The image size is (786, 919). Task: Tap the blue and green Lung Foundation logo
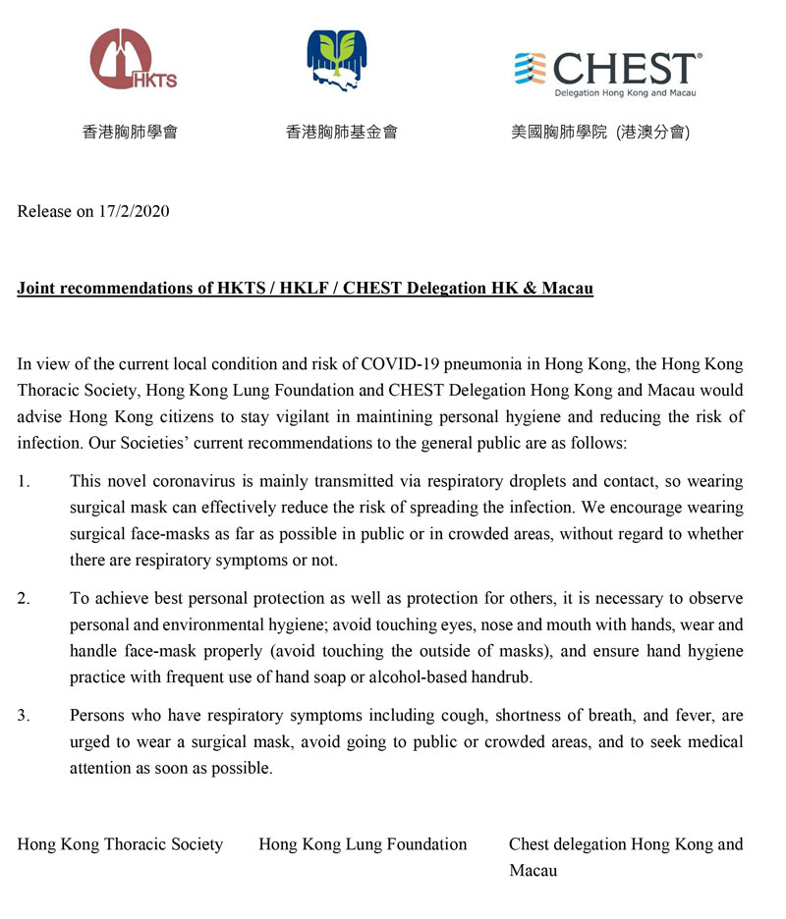[340, 60]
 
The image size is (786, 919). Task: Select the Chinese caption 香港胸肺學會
[130, 131]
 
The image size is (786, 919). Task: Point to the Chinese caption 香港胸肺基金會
[341, 131]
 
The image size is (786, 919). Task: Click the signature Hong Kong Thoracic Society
[120, 844]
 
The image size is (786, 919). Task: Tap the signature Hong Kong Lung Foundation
[363, 844]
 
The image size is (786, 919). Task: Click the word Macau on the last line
[533, 870]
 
